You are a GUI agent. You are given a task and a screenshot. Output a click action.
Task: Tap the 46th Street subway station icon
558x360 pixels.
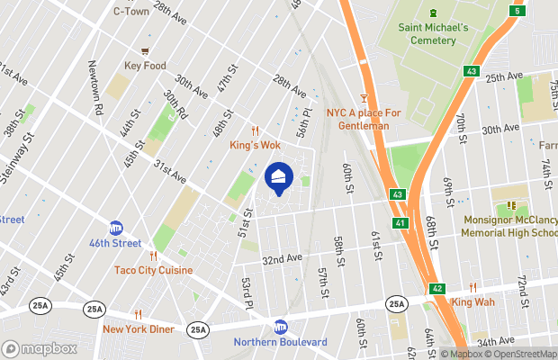[116, 229]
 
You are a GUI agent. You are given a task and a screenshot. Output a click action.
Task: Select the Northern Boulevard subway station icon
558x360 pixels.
[280, 327]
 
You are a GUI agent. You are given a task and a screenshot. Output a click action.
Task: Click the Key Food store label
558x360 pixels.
[145, 67]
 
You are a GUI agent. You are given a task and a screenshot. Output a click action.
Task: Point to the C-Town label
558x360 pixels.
[130, 12]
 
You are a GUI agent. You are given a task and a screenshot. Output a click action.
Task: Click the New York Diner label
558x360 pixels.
[138, 328]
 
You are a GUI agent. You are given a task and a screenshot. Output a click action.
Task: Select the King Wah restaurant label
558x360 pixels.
[473, 302]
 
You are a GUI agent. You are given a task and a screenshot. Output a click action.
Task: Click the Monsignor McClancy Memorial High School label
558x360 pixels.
[509, 226]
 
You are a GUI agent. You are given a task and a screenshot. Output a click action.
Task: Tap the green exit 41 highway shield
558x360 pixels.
[397, 222]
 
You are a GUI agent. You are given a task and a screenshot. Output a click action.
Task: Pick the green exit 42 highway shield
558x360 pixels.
[436, 288]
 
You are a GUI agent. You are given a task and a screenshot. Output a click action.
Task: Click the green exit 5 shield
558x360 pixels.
[517, 10]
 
